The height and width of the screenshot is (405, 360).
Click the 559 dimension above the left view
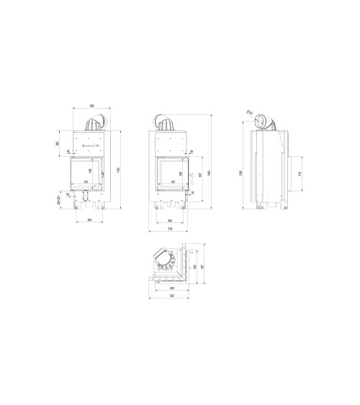[x=91, y=106]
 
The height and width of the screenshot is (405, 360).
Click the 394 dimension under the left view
[x=89, y=220]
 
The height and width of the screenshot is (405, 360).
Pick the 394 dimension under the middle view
[x=170, y=220]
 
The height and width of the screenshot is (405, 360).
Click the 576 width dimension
[x=170, y=229]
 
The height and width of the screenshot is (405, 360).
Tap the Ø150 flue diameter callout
[x=248, y=112]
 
